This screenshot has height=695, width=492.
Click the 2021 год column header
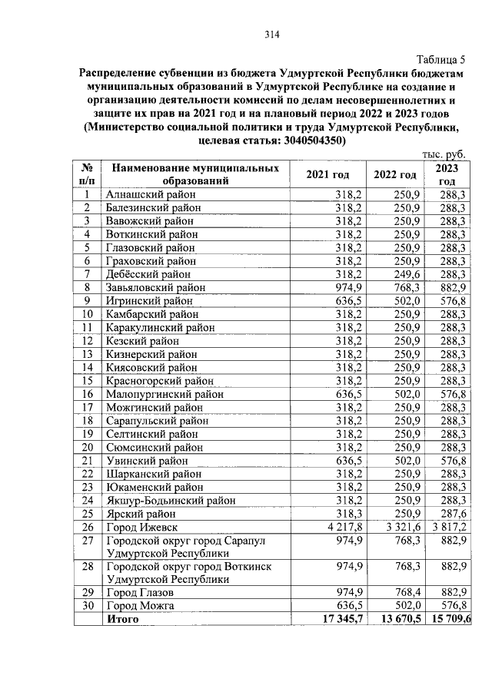(327, 174)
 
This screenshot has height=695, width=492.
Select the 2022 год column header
(395, 174)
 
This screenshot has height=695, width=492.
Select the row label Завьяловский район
(156, 287)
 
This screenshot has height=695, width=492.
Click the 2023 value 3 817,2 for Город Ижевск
(449, 527)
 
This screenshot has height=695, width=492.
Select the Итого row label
(123, 619)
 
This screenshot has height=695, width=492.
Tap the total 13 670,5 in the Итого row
(397, 619)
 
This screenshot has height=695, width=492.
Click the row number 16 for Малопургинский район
(88, 394)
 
